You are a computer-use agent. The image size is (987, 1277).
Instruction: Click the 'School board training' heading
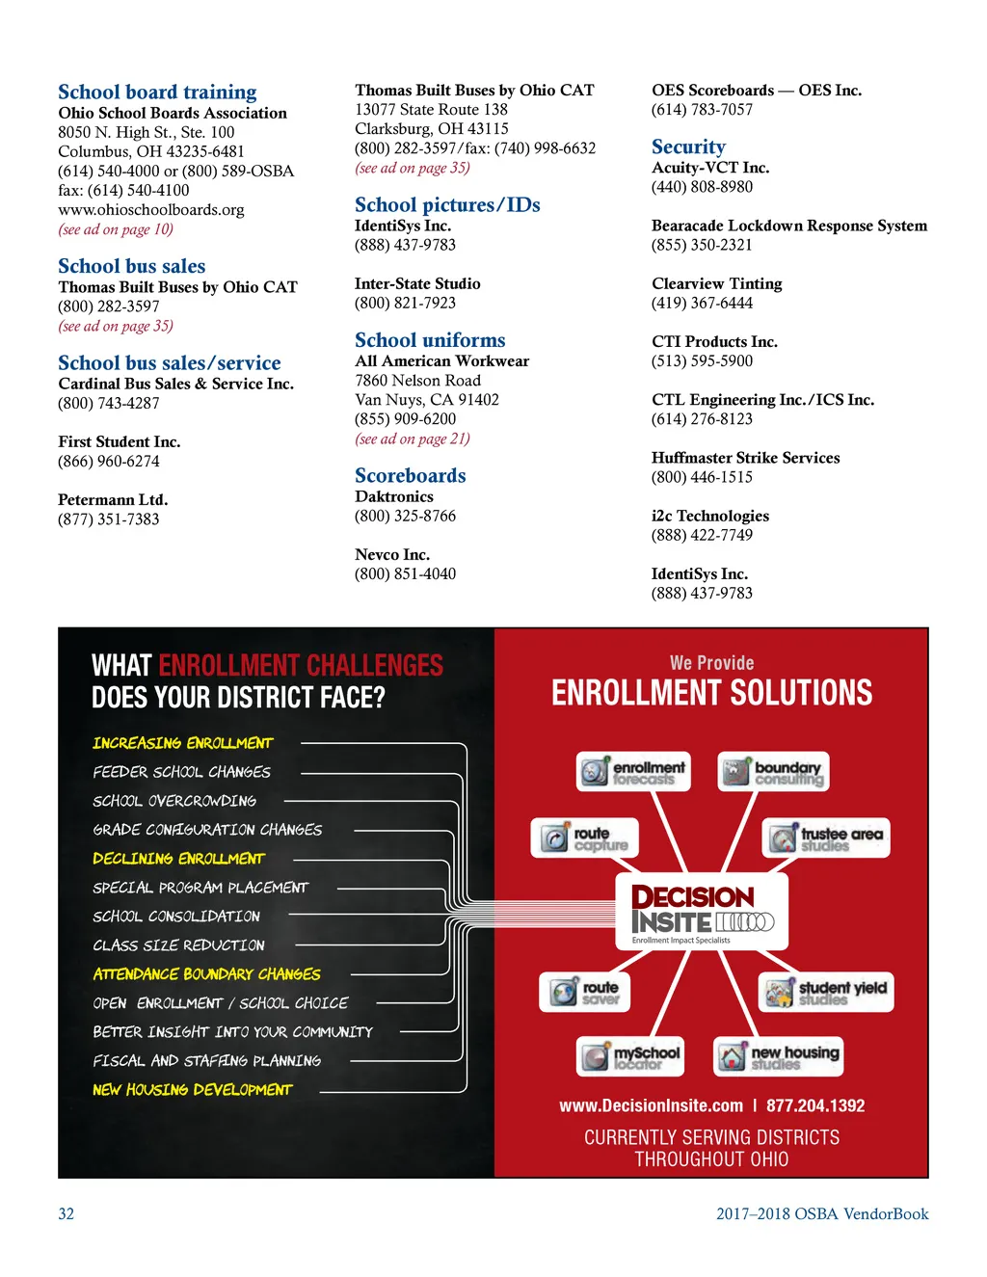click(157, 93)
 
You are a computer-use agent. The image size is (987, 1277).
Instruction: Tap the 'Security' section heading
click(688, 146)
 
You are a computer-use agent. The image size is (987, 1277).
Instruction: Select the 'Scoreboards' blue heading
click(410, 475)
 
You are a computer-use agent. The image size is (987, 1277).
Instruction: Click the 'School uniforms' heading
click(430, 340)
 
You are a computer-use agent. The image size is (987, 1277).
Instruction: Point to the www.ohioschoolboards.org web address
click(150, 210)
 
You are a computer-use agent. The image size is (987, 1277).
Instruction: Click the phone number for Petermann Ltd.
click(109, 519)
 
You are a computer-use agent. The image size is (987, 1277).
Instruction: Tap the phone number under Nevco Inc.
click(405, 574)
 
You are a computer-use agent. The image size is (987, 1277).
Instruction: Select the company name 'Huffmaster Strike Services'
click(745, 458)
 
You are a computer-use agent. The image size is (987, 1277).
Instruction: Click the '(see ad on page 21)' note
click(413, 439)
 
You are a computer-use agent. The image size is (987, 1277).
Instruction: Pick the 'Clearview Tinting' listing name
click(716, 283)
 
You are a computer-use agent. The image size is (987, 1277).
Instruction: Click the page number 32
click(66, 1214)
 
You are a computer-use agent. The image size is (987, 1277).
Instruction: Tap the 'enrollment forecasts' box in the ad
click(633, 772)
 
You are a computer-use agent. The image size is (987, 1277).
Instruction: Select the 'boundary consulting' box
click(773, 772)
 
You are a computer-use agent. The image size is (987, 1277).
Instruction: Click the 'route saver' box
click(585, 992)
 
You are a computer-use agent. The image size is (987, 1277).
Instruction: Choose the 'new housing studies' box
click(778, 1056)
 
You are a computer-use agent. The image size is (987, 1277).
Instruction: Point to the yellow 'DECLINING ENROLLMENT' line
click(178, 859)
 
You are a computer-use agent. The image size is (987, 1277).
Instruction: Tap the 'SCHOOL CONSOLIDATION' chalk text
click(176, 917)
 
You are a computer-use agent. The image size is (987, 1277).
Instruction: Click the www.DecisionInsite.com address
click(652, 1106)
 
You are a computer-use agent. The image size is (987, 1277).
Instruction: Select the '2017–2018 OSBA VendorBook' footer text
click(822, 1214)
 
